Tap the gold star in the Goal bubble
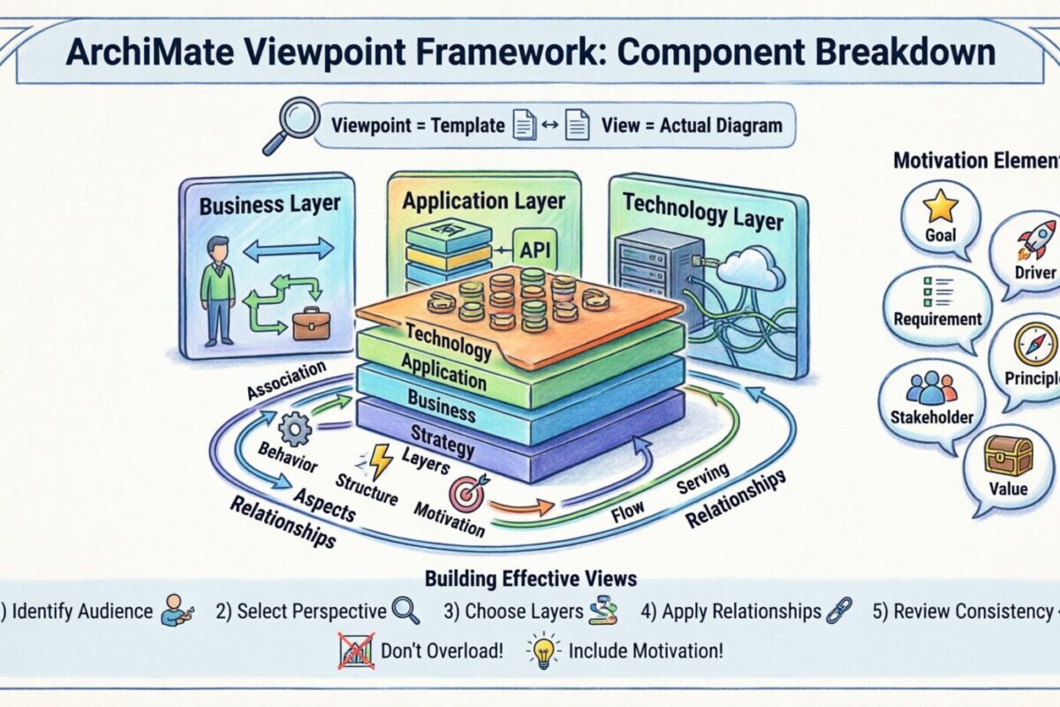[940, 208]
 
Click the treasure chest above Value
[1011, 455]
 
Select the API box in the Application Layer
[534, 251]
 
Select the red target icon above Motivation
[466, 496]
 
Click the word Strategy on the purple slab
[443, 439]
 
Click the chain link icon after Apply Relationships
[837, 610]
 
